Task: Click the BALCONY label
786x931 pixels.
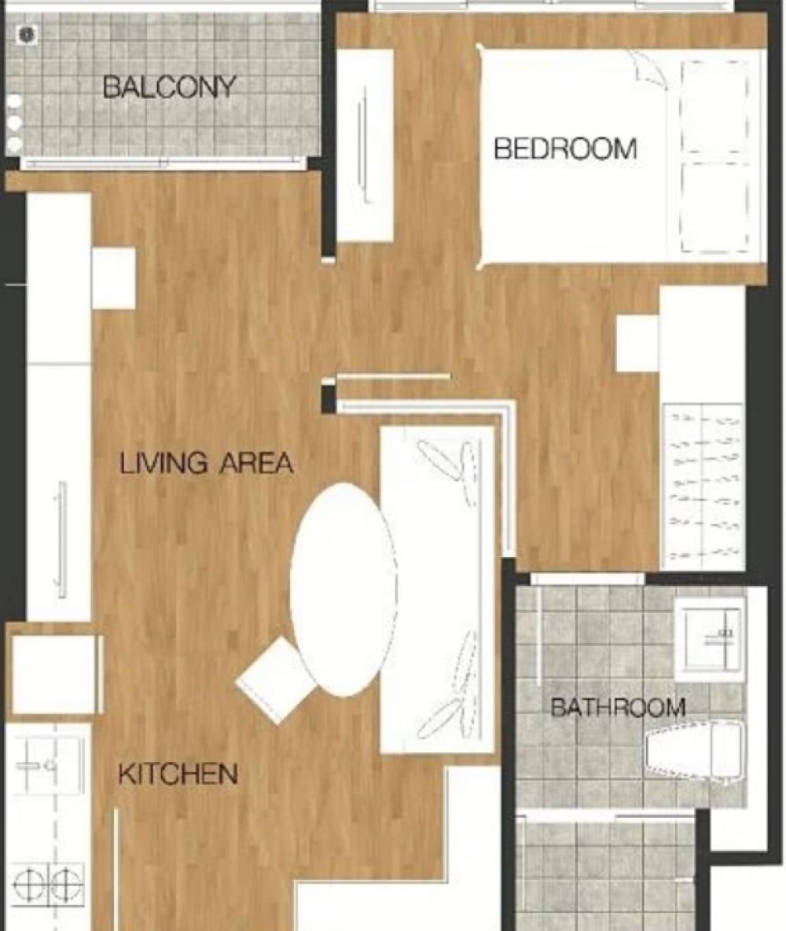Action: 169,87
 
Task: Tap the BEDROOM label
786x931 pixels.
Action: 565,148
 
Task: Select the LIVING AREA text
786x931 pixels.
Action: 206,463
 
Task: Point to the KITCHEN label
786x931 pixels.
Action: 178,774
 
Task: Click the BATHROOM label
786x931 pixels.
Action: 619,707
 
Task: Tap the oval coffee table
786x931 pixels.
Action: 343,589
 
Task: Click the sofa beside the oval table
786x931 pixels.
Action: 438,589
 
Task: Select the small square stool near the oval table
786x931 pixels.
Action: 275,680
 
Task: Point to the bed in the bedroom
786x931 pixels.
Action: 619,156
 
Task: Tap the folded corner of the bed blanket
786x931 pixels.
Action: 648,69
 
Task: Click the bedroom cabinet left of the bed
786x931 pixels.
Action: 365,145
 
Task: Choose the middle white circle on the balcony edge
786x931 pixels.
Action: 14,123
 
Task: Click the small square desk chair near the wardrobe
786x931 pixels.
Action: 637,343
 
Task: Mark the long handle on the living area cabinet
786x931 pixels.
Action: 61,539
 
